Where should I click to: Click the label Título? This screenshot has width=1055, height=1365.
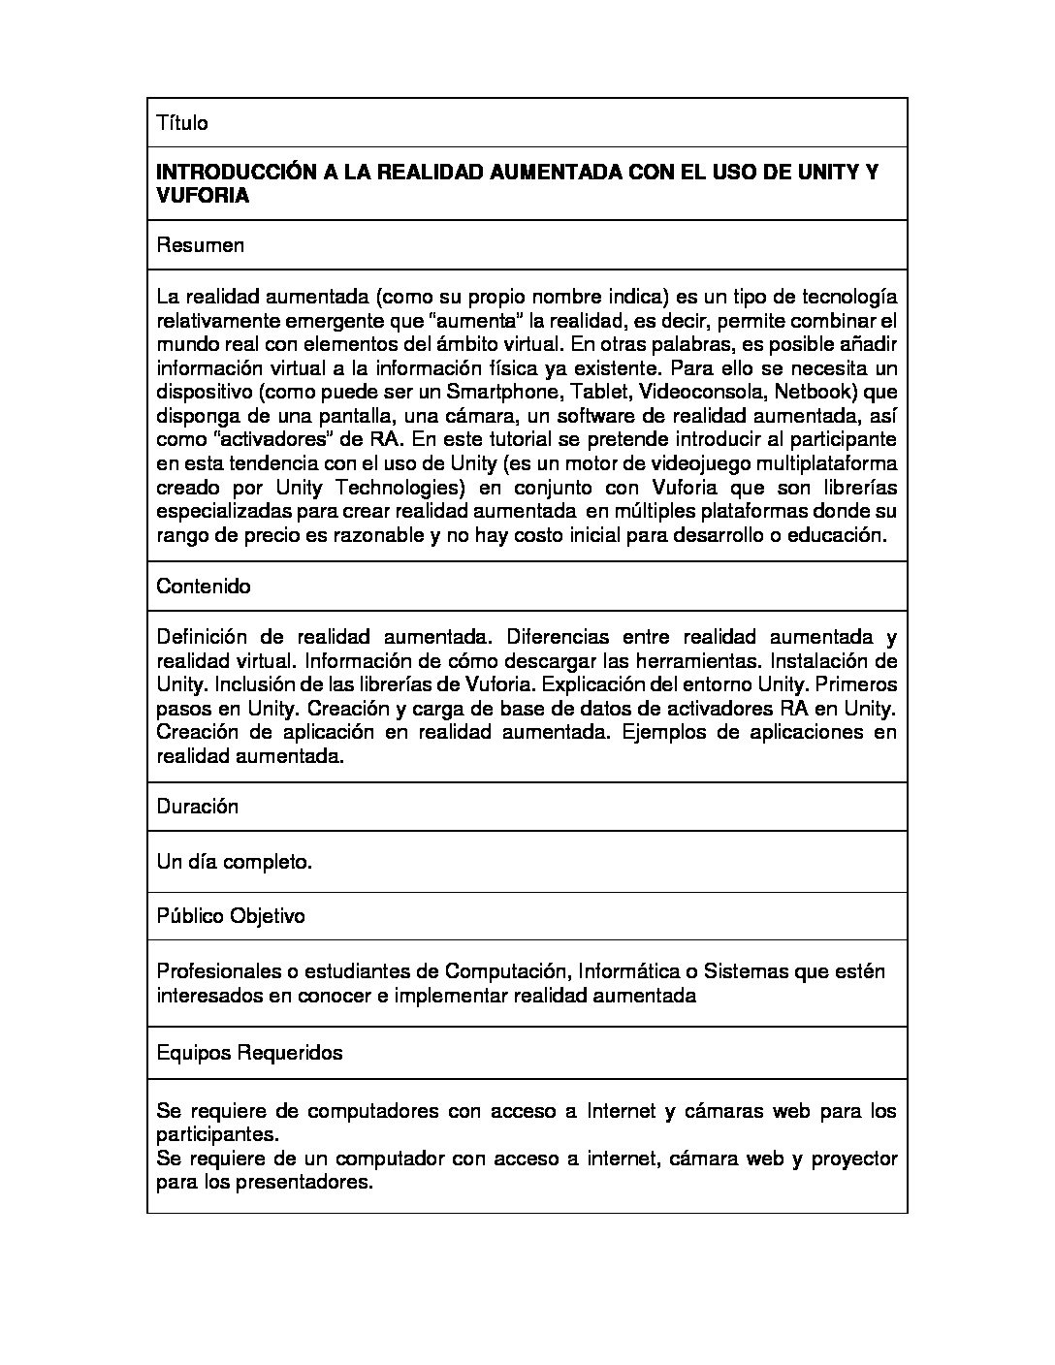click(182, 123)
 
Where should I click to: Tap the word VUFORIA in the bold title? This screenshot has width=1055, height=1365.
click(203, 196)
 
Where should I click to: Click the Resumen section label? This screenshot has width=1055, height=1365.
click(200, 245)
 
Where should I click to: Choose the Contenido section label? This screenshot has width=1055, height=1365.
click(203, 587)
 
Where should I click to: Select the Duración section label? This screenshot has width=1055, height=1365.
click(197, 807)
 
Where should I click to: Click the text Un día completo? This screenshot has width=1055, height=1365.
click(234, 862)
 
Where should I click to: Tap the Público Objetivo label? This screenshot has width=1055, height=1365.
click(231, 916)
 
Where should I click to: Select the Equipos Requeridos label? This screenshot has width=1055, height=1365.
click(249, 1053)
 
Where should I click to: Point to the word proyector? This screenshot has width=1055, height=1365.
click(853, 1159)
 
